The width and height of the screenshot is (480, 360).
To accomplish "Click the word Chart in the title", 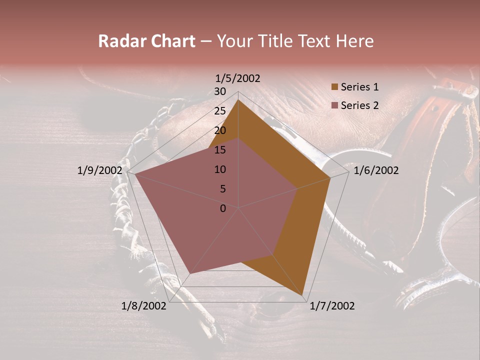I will pyautogui.click(x=170, y=41).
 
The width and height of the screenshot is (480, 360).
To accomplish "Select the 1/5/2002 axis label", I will pyautogui.click(x=238, y=78).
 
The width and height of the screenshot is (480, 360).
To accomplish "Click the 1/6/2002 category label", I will pyautogui.click(x=376, y=170).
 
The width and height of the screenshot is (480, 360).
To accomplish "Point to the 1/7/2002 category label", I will pyautogui.click(x=332, y=306).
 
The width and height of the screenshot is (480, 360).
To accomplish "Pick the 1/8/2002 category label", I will pyautogui.click(x=144, y=306).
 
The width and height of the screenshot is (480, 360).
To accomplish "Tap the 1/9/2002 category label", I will pyautogui.click(x=99, y=170).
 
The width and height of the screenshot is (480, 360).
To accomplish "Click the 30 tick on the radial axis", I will pyautogui.click(x=220, y=91).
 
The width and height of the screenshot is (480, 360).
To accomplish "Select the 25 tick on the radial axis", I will pyautogui.click(x=220, y=111).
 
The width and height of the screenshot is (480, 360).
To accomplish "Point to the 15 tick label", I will pyautogui.click(x=220, y=150).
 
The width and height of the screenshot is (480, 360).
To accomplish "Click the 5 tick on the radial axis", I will pyautogui.click(x=222, y=189).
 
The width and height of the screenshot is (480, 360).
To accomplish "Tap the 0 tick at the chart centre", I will pyautogui.click(x=223, y=208).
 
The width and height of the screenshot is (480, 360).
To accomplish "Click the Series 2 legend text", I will pyautogui.click(x=359, y=105).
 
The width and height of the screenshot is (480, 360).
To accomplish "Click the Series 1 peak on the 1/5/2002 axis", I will pyautogui.click(x=238, y=99).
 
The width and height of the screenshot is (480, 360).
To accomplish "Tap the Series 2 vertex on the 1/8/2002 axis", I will pyautogui.click(x=190, y=273).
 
